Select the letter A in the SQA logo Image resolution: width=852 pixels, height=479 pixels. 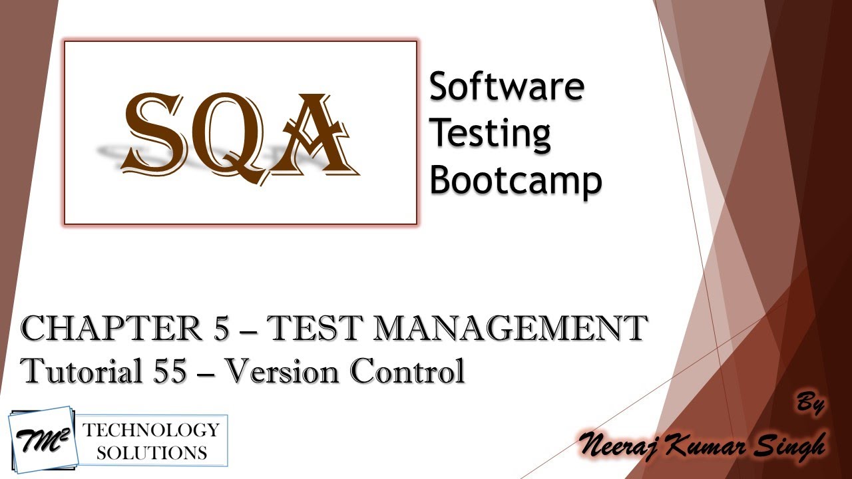tap(313, 136)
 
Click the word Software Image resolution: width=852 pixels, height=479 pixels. tap(507, 87)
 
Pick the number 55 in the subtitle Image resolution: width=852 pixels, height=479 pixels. tap(162, 371)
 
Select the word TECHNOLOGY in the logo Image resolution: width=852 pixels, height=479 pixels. tap(150, 429)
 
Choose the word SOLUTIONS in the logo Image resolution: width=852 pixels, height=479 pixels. tap(151, 453)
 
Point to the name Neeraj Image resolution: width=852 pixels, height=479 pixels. tap(622, 444)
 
